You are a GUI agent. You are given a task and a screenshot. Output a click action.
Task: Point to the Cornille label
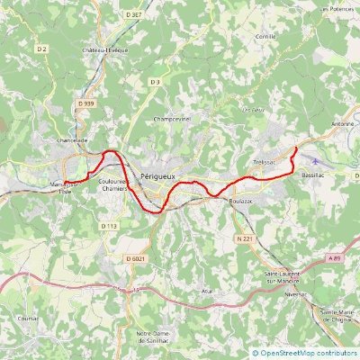[x=265, y=36]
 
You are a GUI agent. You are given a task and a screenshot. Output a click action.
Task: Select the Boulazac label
[x=241, y=201]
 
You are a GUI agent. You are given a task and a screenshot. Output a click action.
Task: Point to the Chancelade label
[x=71, y=140]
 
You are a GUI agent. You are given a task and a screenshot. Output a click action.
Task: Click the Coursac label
[x=30, y=318]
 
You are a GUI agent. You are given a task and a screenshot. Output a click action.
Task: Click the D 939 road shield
[x=85, y=104]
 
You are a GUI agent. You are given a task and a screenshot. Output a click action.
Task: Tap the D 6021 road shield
[x=136, y=259]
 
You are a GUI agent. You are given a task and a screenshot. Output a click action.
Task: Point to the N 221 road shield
[x=243, y=238]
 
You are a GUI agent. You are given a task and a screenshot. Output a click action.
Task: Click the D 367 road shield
[x=135, y=15]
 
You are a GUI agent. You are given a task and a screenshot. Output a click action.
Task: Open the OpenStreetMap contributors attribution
[x=310, y=354]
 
